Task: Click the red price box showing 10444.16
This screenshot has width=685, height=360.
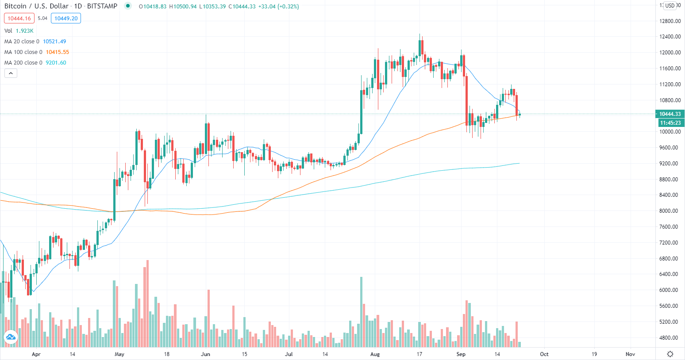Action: click(19, 19)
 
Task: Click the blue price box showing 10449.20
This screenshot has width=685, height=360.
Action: click(66, 19)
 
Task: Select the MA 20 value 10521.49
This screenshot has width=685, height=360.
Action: click(54, 42)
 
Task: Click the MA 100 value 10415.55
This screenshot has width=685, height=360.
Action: click(58, 52)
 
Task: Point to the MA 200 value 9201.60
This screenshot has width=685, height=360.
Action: click(56, 63)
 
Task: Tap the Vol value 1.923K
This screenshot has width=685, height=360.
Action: click(24, 31)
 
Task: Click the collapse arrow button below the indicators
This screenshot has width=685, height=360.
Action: click(11, 73)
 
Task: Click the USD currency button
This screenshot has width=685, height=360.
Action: click(670, 6)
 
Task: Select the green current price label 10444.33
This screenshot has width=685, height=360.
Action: click(670, 114)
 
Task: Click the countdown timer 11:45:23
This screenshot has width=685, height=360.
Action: click(670, 123)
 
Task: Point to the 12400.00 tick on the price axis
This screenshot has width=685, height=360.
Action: click(670, 37)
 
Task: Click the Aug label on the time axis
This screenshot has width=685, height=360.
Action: click(375, 354)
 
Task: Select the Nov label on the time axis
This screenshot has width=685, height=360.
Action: click(630, 354)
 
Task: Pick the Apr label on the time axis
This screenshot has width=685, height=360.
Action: click(36, 354)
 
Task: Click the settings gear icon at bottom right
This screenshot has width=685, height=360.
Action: click(670, 354)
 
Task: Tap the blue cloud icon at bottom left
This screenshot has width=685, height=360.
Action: click(10, 337)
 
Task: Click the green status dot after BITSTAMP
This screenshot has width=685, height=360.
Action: click(128, 6)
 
